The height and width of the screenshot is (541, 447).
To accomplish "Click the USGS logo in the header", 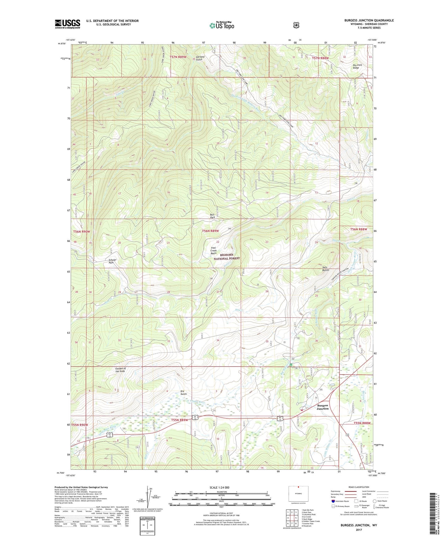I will [x=67, y=24].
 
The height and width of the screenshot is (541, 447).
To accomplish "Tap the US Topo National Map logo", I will [x=221, y=25].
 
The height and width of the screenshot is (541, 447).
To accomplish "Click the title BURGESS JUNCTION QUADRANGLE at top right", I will [x=369, y=20].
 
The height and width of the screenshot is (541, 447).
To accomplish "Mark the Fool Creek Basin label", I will [x=213, y=250].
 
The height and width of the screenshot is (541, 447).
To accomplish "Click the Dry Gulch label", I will [x=184, y=392].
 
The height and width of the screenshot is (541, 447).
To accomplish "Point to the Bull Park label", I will [x=212, y=216].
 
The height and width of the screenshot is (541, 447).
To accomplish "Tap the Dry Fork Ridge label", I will [x=357, y=66].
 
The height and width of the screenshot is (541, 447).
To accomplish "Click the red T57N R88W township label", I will [x=320, y=58].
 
